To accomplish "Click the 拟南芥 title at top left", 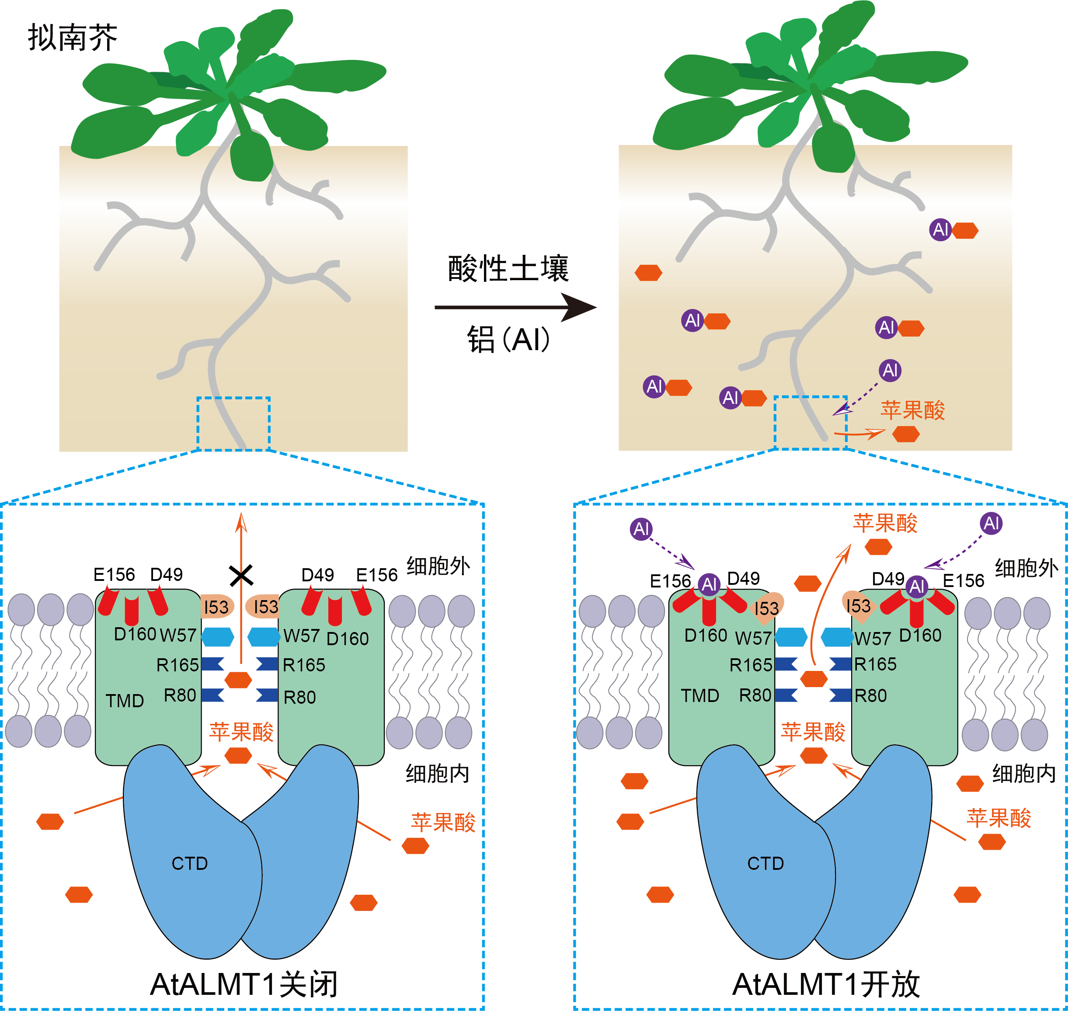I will tap(72, 38).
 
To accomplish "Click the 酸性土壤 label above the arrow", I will tap(508, 268).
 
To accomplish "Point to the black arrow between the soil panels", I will tap(515, 307).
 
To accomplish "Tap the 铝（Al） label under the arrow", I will tap(508, 340).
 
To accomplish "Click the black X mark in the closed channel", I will tap(241, 576).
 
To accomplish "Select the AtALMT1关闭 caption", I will tap(244, 984).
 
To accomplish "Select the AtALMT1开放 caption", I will tap(825, 984).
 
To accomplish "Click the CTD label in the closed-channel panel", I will tap(189, 863).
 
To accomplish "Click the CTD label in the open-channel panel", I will tap(765, 863).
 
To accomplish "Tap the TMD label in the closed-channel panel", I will tap(125, 701).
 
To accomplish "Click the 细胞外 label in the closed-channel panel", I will tap(438, 566).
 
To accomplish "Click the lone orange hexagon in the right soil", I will tap(648, 273).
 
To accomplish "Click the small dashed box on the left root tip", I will tap(233, 424).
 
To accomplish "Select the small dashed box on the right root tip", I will tap(811, 423).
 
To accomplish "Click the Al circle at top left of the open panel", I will tap(641, 529).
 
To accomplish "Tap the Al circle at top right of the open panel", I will tap(991, 523).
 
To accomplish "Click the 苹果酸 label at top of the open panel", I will tap(885, 523).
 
